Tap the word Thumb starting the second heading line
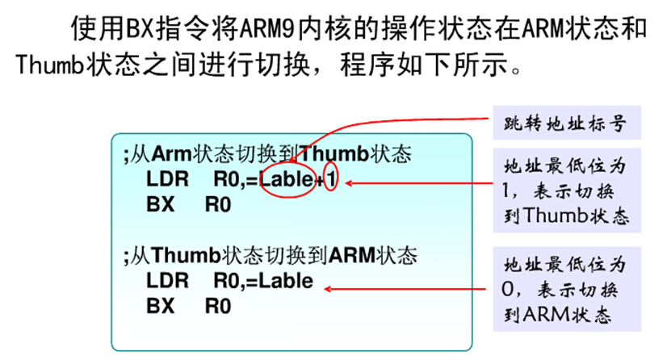point(44,65)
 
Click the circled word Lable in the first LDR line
point(286,181)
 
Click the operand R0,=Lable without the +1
point(262,283)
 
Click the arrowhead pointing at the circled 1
point(349,182)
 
